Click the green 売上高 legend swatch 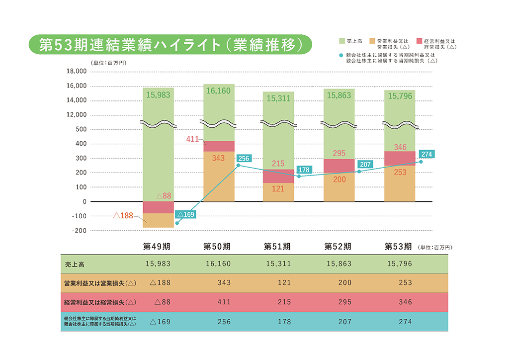point(342,40)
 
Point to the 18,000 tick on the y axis point(77,72)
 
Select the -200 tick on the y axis point(79,231)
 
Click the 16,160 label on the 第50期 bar point(218,91)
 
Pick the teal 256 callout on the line point(244,159)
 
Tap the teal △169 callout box point(185,215)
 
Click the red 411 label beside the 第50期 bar point(193,139)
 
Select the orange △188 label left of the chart point(123,216)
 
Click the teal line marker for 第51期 point(299,176)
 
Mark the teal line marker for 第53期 point(421,162)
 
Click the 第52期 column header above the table point(338,246)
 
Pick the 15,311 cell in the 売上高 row point(278,264)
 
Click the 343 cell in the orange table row point(224,283)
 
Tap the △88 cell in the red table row point(163,302)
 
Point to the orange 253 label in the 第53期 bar point(399,172)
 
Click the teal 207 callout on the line point(365,164)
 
